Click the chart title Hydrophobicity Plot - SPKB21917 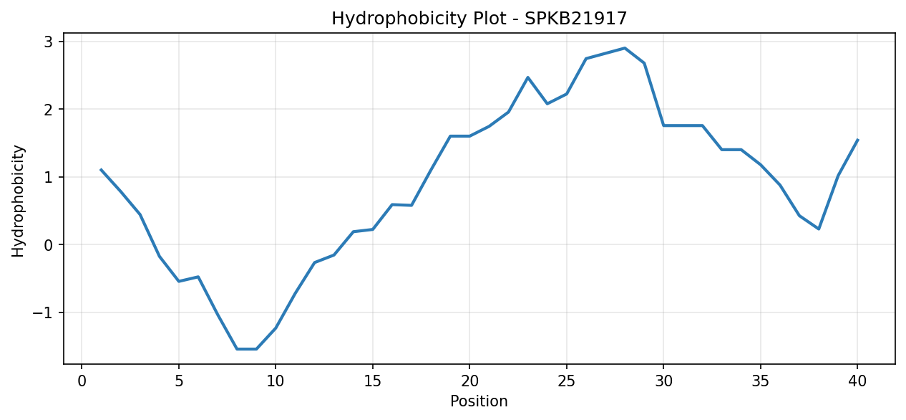[479, 19]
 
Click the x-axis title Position [479, 401]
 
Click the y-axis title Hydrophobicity [18, 201]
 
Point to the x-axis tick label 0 [82, 381]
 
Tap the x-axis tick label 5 [179, 381]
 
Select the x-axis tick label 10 [276, 381]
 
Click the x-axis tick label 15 [373, 381]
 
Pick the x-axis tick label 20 [469, 381]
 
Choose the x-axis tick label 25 [566, 381]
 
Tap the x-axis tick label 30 [663, 381]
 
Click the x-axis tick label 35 [761, 381]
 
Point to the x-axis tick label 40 [857, 381]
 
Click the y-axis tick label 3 [49, 42]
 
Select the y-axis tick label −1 [43, 312]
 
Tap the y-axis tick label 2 [49, 110]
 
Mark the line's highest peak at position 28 [625, 48]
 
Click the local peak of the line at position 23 [527, 77]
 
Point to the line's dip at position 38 [819, 229]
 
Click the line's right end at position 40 [857, 140]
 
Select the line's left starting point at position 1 [101, 170]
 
